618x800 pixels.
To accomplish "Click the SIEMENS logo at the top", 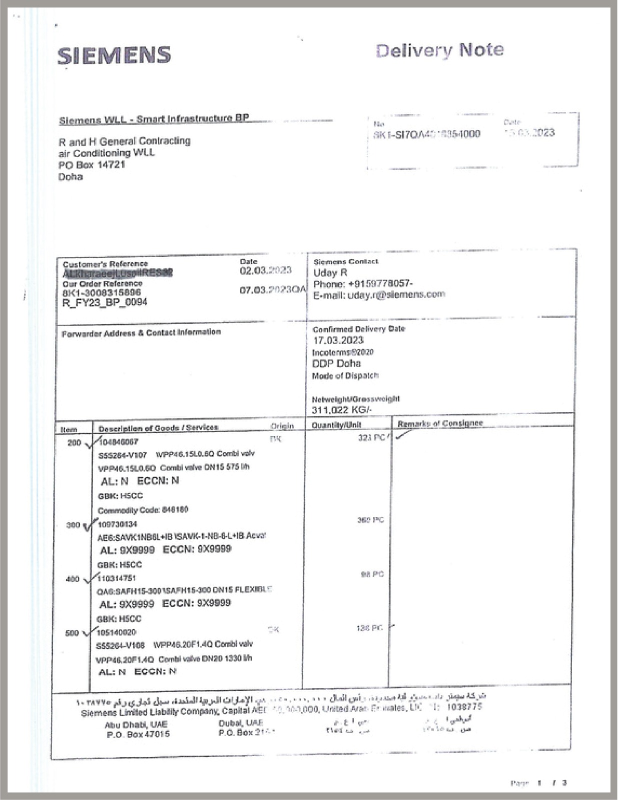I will coord(114,55).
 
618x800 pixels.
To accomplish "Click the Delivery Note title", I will coord(439,50).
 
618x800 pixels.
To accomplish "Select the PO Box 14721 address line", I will coord(92,164).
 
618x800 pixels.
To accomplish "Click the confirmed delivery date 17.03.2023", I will coord(338,340).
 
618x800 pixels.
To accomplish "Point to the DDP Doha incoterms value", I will coord(336,363).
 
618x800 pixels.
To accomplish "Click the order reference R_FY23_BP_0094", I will coord(105,302).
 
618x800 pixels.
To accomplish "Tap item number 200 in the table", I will coord(74,442).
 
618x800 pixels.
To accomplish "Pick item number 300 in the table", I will coord(73,525).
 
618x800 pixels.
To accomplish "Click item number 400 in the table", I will coord(73,579).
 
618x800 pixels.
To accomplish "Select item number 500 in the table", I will coord(72,633).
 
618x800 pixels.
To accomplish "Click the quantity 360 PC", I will coord(370,520).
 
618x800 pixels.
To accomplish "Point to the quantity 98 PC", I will coord(372,574).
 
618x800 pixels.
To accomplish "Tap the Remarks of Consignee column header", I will coord(440,423).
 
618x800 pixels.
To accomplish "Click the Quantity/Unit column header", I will coord(336,425).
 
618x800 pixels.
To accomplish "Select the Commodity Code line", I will coord(143,510).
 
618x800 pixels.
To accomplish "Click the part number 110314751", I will coord(117,578).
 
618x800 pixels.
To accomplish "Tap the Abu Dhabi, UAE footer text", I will coord(136,724).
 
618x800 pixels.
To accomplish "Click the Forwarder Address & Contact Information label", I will coord(141,333).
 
